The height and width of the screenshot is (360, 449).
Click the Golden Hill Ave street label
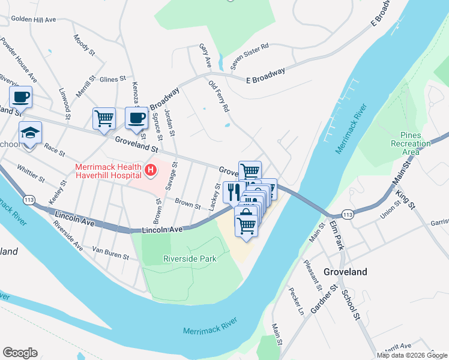pos(34,20)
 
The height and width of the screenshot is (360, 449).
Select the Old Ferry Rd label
pos(218,97)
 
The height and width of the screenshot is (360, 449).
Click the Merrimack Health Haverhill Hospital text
pos(108,171)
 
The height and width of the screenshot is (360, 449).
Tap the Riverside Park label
pos(189,259)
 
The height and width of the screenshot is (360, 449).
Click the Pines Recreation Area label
pos(411,143)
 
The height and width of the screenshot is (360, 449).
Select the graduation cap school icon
pos(30,132)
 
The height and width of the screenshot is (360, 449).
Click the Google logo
pos(20,353)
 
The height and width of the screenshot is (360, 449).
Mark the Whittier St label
pos(31,174)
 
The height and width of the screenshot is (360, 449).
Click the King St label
pos(406,200)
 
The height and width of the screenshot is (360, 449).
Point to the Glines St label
pos(112,79)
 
